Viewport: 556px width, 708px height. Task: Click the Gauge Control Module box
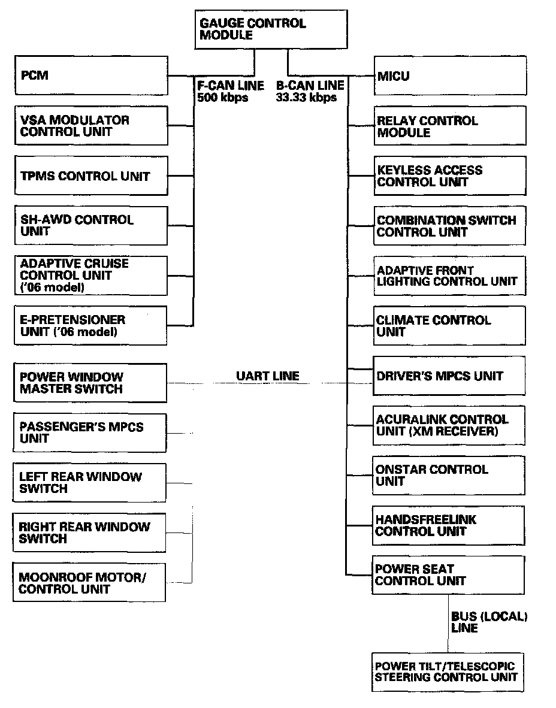pos(271,29)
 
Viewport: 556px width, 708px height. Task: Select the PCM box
pos(91,75)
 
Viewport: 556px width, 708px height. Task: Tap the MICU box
pos(450,76)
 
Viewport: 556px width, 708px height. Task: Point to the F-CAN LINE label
pos(231,86)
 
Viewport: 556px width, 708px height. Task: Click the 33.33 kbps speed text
pos(306,97)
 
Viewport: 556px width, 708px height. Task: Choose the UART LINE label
pos(267,376)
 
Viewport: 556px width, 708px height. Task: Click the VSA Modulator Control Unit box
pos(91,126)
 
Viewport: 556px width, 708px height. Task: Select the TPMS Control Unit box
pos(91,176)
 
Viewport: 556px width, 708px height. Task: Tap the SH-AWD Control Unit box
pos(91,225)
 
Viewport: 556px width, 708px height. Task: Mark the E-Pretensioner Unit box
pos(91,325)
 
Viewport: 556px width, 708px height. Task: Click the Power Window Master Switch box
pos(90,383)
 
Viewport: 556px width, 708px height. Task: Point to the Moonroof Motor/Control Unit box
pos(89,583)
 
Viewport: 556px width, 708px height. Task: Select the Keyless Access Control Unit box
pos(450,176)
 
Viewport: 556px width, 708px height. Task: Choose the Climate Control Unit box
pos(449,326)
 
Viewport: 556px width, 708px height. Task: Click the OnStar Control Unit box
pos(449,475)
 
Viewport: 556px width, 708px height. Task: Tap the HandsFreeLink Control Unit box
pos(449,525)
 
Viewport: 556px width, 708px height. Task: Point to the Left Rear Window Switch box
pos(90,483)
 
